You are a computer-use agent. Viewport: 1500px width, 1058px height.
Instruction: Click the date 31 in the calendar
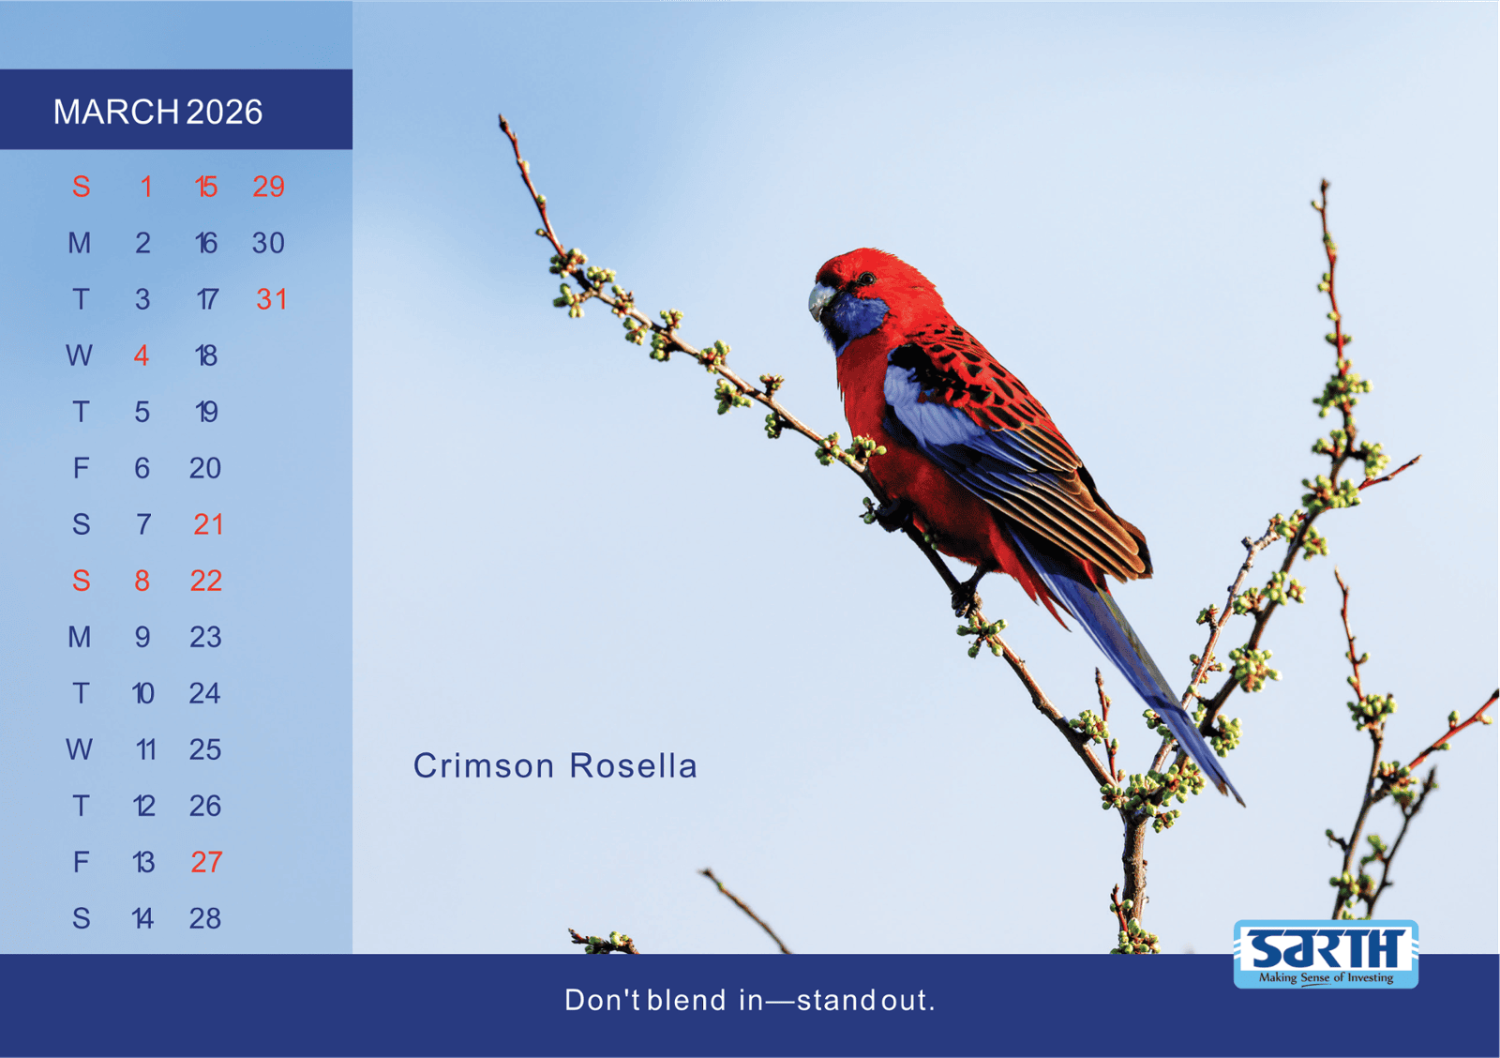tap(271, 299)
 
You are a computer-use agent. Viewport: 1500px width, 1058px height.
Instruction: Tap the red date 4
tap(141, 355)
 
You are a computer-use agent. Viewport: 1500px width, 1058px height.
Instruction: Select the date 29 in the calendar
tap(268, 187)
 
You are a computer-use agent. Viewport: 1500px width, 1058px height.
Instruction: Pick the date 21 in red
tap(207, 524)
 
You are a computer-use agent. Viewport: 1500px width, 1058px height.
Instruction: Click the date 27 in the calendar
tap(206, 862)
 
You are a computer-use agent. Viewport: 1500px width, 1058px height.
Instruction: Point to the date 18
tap(206, 355)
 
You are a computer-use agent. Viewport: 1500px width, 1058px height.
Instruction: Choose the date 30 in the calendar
tap(268, 243)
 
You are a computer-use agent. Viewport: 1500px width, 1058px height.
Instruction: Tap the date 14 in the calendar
tap(142, 918)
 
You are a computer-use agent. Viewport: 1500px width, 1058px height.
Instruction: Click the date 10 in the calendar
tap(142, 693)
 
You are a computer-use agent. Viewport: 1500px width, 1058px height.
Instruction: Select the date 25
tap(205, 749)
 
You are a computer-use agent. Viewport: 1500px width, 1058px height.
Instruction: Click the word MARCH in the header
tap(116, 112)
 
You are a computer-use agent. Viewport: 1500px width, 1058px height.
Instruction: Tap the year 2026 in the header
tap(224, 112)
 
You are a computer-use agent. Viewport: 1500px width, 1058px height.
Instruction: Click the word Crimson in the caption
tap(484, 766)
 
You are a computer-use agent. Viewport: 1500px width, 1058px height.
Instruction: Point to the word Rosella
tap(634, 766)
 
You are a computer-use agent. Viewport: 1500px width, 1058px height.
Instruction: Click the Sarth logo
tap(1326, 954)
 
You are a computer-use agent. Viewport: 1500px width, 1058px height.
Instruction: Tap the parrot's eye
tap(867, 278)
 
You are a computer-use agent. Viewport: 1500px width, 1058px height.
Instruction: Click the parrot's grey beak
tap(820, 301)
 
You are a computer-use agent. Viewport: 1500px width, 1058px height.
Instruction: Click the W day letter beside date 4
tap(79, 355)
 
